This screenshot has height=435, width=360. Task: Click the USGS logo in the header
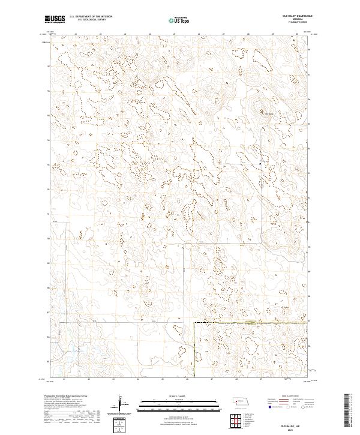coord(55,19)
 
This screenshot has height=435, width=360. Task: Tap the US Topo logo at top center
coord(179,19)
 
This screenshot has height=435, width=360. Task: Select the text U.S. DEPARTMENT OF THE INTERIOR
coord(91,16)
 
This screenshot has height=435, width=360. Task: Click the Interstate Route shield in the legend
coord(268,406)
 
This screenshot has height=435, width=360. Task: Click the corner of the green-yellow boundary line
coord(194,323)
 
